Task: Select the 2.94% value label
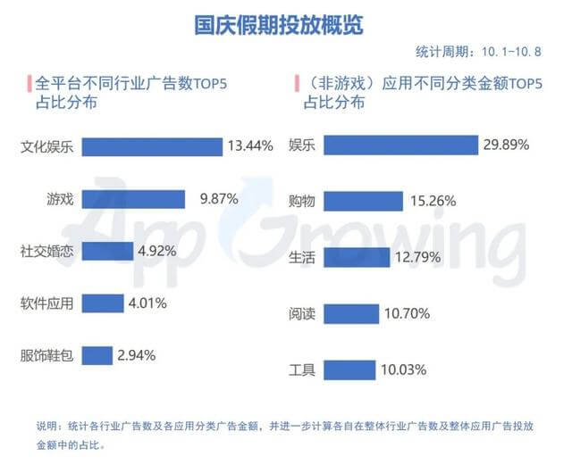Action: click(136, 354)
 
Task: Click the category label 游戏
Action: click(60, 199)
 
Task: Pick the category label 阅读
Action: click(303, 313)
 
